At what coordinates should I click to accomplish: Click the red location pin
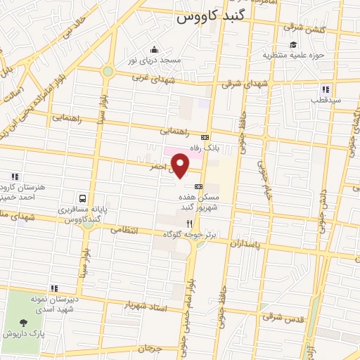[181, 165]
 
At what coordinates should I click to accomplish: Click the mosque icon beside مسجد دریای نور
[155, 49]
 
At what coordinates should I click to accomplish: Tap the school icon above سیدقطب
[325, 89]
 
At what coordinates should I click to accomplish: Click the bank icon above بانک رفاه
[205, 137]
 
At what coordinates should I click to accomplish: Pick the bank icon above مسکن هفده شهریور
[200, 187]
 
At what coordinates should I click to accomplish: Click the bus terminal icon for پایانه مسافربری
[84, 198]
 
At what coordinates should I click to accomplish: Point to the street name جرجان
[150, 348]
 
